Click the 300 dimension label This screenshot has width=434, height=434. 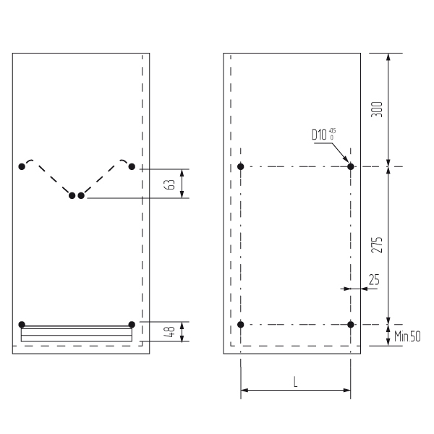pos(377,109)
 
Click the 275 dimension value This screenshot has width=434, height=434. pos(377,244)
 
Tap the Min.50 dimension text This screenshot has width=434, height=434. pos(407,336)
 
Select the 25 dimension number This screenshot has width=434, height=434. pos(374,279)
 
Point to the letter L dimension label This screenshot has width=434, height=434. pos(296,382)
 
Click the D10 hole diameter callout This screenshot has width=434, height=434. pos(324,135)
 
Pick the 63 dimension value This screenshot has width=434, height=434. pos(169,184)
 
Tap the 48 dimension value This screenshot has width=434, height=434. pos(169,332)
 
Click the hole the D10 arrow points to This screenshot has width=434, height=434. pos(351,166)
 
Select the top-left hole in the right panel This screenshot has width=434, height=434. pos(241,166)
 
